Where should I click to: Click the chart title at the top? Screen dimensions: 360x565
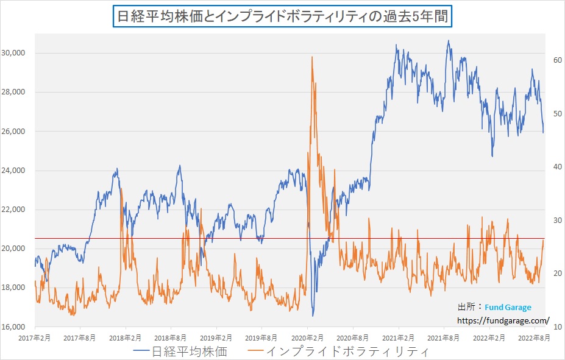(x=282, y=16)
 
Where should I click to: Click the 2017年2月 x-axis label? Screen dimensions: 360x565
(x=35, y=337)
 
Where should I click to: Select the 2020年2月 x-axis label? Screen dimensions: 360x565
(x=308, y=337)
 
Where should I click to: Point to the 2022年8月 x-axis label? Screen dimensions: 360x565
(x=535, y=337)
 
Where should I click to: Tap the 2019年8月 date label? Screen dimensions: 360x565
(x=262, y=337)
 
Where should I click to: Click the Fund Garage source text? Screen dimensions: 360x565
(x=508, y=308)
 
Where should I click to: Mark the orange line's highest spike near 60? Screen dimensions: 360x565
(x=312, y=57)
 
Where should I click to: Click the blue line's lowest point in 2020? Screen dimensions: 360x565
(x=313, y=316)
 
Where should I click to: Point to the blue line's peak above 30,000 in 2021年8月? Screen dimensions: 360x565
(x=448, y=41)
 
